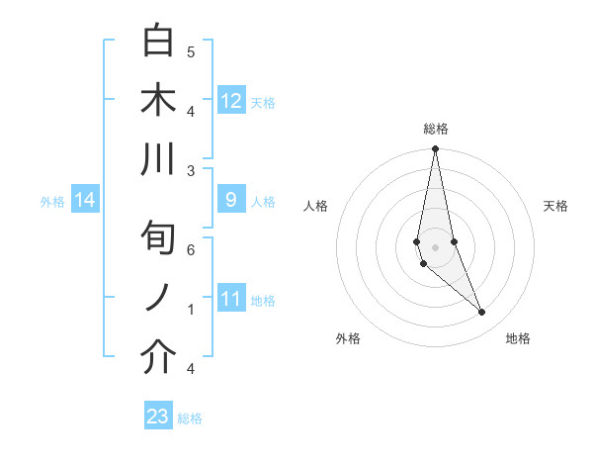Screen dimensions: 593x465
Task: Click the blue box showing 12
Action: pos(231,100)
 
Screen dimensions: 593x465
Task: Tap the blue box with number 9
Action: pos(231,200)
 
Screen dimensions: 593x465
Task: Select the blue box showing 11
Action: pos(231,299)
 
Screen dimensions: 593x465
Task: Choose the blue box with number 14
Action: pos(85,201)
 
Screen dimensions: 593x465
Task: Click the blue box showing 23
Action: pos(158,417)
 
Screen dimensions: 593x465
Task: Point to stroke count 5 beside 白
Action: pos(191,51)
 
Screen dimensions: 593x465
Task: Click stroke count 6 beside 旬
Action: pos(191,249)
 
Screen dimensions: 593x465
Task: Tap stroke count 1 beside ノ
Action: pos(191,310)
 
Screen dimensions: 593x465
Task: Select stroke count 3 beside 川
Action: pos(191,170)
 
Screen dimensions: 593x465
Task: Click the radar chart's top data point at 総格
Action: pos(435,149)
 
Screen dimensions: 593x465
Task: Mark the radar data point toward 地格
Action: pos(481,313)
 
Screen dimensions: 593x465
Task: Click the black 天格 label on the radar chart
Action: pos(556,206)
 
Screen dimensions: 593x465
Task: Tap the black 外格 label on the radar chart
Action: pos(348,338)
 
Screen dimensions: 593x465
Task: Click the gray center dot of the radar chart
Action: pos(435,247)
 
